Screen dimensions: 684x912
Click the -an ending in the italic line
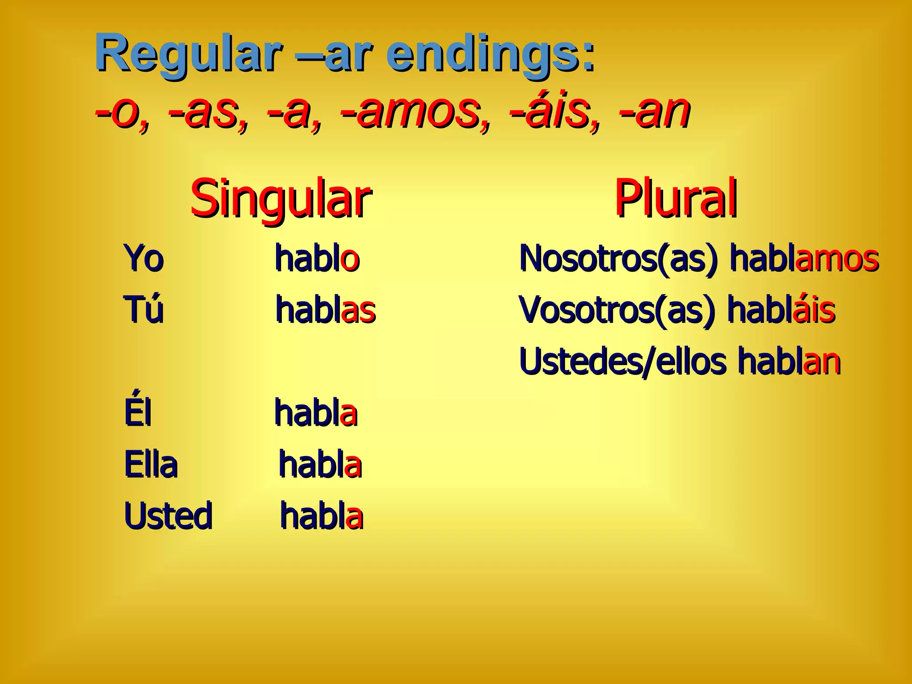pos(655,111)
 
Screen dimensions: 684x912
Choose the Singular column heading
pos(281,199)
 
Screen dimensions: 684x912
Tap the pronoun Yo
pos(144,258)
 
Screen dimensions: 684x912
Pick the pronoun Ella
pos(151,464)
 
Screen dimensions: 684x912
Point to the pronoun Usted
pos(168,516)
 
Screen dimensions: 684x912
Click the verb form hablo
pos(317,258)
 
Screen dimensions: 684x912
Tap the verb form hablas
pos(326,309)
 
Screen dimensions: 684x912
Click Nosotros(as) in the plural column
pos(619,258)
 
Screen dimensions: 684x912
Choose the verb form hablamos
pos(804,258)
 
